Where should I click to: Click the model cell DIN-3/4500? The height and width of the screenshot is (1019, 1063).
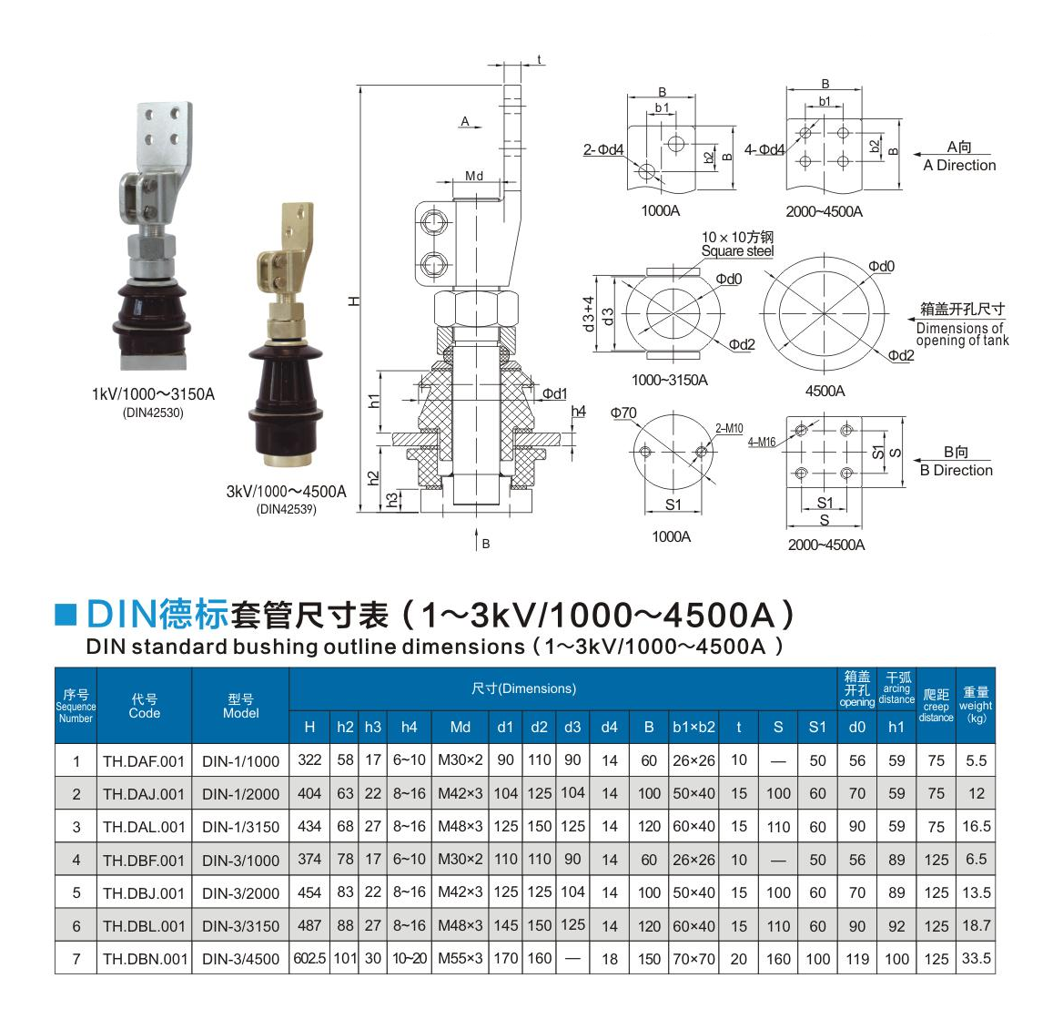[x=240, y=959]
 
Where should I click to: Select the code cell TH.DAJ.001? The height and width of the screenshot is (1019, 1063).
[x=144, y=794]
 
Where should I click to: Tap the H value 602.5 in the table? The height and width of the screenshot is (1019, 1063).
[x=309, y=959]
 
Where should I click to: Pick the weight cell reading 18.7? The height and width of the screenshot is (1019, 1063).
[x=977, y=925]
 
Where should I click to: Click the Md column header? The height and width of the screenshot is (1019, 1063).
[x=461, y=728]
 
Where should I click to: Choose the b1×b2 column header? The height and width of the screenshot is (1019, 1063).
[x=693, y=728]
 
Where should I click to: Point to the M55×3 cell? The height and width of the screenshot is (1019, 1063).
[x=461, y=959]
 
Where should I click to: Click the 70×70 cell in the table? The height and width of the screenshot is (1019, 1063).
[x=693, y=959]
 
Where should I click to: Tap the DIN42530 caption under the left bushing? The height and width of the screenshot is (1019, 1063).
[x=153, y=413]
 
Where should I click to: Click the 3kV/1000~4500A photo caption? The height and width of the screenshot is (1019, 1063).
[x=286, y=491]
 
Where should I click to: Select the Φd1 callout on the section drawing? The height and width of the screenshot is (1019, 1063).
[x=554, y=393]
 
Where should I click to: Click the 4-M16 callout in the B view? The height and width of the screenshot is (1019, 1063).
[x=762, y=443]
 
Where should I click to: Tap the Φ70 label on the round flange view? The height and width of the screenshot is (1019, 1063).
[x=623, y=413]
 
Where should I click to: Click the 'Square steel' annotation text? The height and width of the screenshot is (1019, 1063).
[x=737, y=251]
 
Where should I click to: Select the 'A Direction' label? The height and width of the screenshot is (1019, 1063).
[x=959, y=165]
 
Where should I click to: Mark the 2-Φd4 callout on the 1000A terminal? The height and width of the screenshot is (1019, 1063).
[x=603, y=149]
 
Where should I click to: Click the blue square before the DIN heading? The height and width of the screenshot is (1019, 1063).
[x=66, y=615]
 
